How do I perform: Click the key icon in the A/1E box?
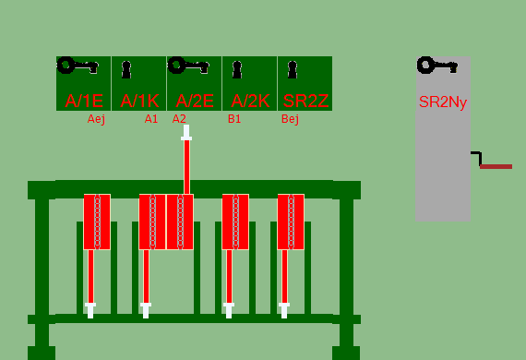[x=78, y=66]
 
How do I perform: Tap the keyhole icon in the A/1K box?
[x=126, y=70]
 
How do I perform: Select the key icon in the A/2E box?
[x=188, y=66]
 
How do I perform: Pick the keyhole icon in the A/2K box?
[x=237, y=70]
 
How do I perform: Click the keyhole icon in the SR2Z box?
[x=293, y=70]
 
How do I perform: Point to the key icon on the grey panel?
[x=437, y=66]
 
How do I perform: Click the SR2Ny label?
[x=443, y=102]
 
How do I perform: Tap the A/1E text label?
[x=84, y=101]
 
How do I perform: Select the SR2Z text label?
[x=305, y=101]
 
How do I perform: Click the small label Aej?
[x=96, y=119]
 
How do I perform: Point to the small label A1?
[x=151, y=119]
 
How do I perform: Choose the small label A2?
[x=179, y=119]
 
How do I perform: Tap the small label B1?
[x=234, y=119]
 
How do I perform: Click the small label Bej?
[x=290, y=119]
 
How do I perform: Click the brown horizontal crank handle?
[x=496, y=166]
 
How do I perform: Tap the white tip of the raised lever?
[x=186, y=133]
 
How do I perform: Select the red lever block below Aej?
[x=97, y=222]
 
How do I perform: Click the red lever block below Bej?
[x=291, y=222]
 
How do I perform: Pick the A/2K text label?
[x=250, y=101]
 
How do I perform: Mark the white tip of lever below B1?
[x=229, y=310]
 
